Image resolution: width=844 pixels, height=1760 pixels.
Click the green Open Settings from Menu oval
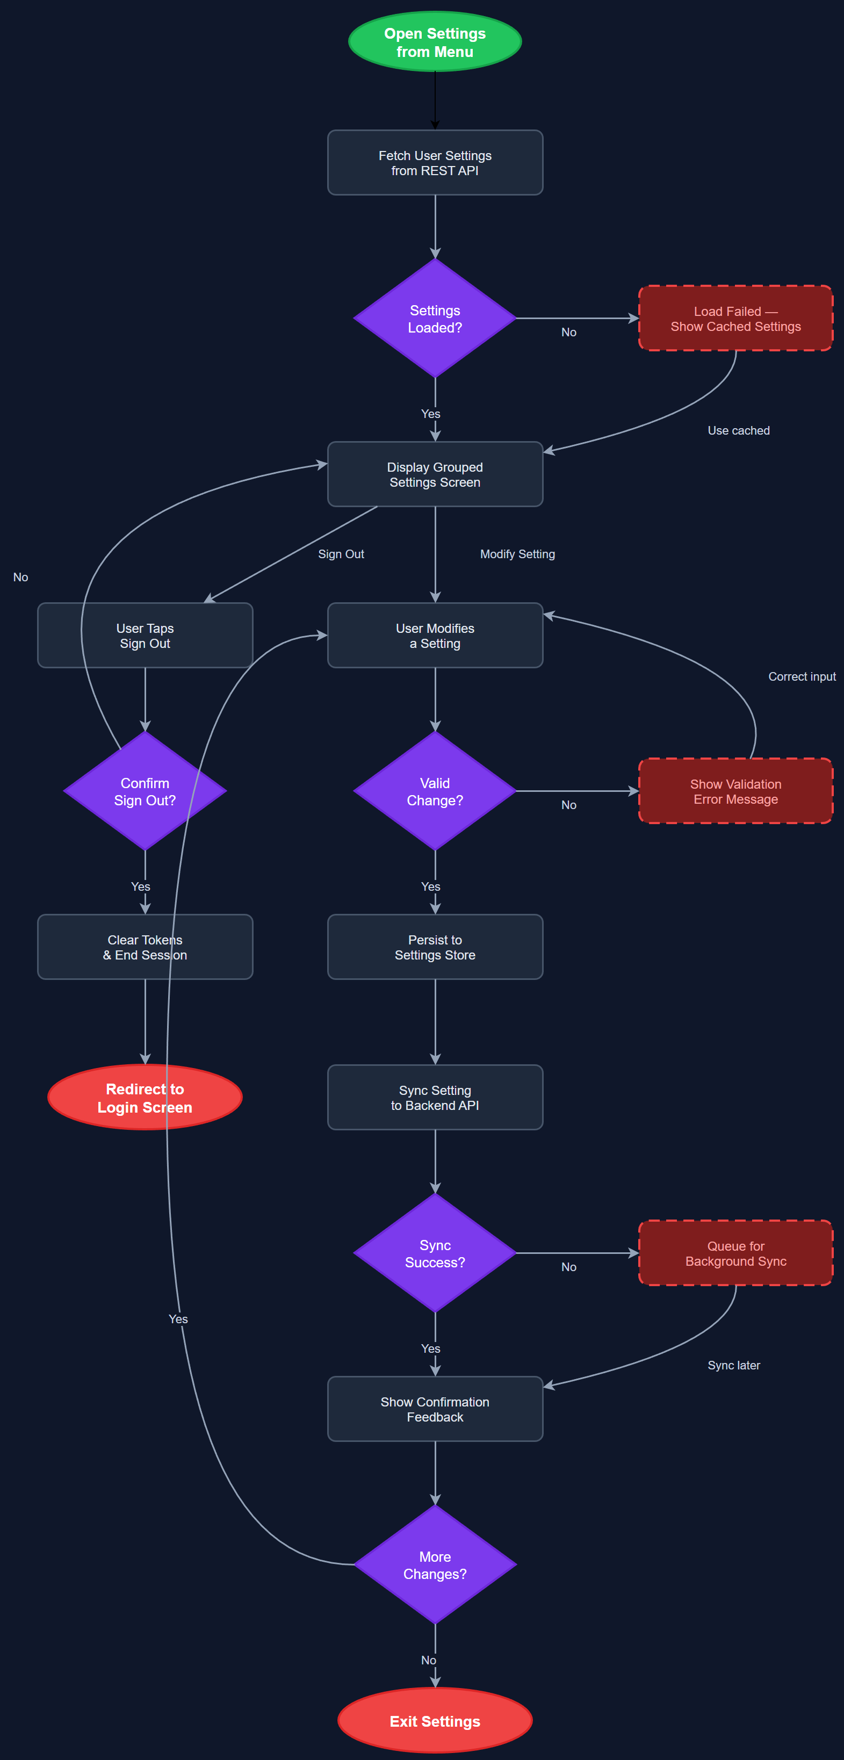coord(435,42)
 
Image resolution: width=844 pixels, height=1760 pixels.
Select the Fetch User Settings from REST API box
coord(435,163)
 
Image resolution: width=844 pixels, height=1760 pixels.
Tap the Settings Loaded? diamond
coord(435,319)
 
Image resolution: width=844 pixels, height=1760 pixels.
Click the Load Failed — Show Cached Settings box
coord(735,319)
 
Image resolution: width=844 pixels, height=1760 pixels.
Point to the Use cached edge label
coord(738,430)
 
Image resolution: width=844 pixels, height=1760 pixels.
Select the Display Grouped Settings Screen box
coord(435,474)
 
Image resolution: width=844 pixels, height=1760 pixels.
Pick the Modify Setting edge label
coord(517,554)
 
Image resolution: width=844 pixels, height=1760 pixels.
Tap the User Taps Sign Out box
coord(145,636)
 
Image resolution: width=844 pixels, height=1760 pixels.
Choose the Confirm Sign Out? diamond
coord(145,791)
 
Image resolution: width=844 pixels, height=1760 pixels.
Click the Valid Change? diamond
coord(435,791)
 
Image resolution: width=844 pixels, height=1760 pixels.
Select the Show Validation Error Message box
coord(735,791)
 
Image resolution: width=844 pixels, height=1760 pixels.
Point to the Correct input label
coord(802,676)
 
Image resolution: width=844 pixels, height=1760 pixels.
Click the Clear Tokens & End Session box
coord(145,947)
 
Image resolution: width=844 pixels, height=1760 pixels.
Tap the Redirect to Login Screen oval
coord(145,1097)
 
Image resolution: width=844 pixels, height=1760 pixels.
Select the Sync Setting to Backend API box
coord(435,1097)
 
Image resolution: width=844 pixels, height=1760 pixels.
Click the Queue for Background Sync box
coord(735,1253)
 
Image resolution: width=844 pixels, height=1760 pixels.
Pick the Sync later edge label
coord(733,1365)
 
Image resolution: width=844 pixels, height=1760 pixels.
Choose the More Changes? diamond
coord(435,1564)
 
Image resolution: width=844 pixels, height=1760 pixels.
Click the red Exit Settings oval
coord(435,1720)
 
